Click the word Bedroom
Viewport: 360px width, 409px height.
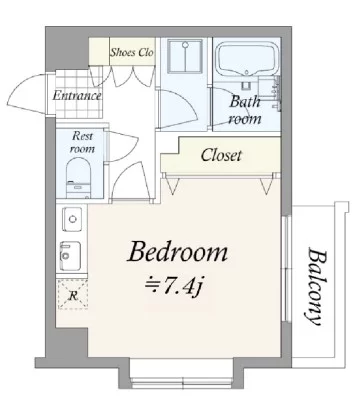tap(178, 253)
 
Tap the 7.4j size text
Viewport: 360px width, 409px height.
tap(174, 286)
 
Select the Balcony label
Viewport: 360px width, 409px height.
tap(315, 286)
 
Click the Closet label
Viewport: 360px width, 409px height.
tap(221, 155)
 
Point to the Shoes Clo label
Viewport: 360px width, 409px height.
tap(132, 52)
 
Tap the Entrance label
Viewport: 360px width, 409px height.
tap(77, 96)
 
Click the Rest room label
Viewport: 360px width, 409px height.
tap(82, 142)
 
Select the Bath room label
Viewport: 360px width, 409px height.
tap(245, 110)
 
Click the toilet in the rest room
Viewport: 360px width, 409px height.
tap(78, 178)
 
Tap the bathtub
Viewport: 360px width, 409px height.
tap(248, 58)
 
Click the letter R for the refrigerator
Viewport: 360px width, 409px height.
tap(73, 295)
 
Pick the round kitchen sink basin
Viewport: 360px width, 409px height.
tap(72, 219)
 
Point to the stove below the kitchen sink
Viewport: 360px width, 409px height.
tap(70, 256)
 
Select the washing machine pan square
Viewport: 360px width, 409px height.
tap(185, 56)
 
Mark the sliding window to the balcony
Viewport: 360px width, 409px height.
tap(285, 269)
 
